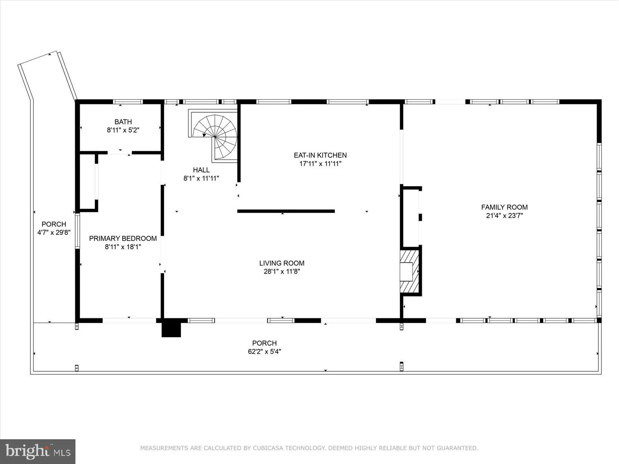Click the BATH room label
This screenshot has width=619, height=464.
pos(123,122)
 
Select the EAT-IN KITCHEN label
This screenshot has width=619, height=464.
pos(320,155)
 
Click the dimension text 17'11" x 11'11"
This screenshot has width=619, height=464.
pos(320,164)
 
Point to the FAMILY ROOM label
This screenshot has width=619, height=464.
pos(504,207)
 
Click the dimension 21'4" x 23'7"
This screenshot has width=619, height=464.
pos(504,216)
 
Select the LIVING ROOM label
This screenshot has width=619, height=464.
pos(282,263)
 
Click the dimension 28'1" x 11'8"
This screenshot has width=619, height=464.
pos(282,271)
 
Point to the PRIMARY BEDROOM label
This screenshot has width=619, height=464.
pos(123,238)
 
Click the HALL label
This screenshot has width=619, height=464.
pos(201,170)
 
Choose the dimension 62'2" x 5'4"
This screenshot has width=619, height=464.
pos(264,351)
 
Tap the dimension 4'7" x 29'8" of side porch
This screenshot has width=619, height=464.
pos(54,232)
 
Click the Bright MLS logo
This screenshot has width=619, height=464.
pos(38,451)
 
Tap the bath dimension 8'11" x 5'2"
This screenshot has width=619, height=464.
pos(123,130)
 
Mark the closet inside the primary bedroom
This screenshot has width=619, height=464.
pos(88,182)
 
